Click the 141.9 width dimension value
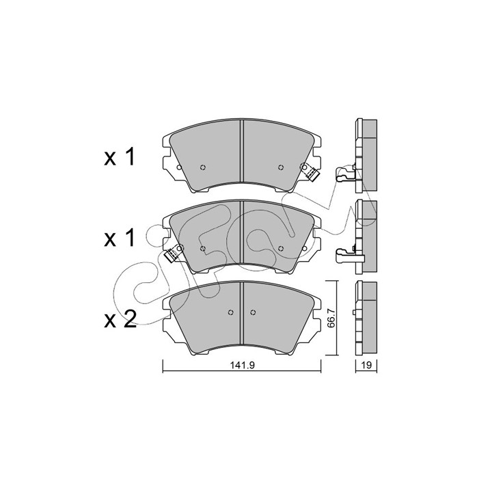242,365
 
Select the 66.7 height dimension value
331,318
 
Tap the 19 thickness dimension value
366,365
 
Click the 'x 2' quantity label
120,319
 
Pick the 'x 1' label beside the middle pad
120,238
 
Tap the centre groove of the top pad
242,151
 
